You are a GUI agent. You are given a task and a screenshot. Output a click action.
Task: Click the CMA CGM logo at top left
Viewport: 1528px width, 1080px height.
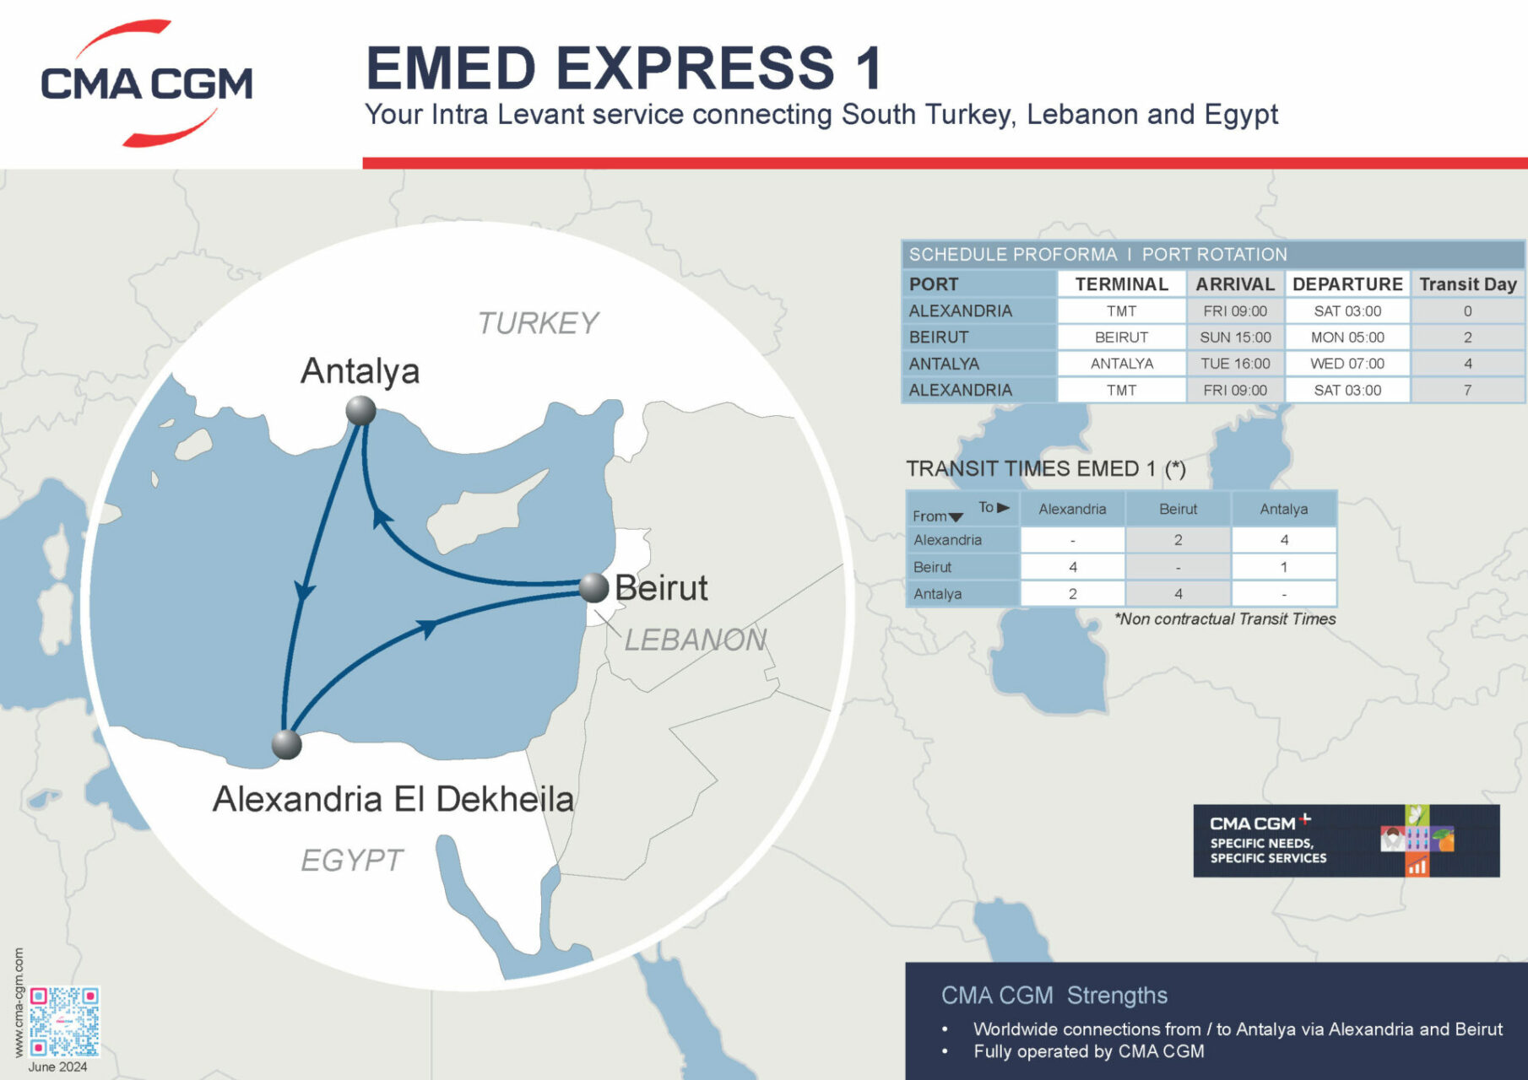point(146,83)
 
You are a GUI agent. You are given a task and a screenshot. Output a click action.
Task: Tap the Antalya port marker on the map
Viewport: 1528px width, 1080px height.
point(360,411)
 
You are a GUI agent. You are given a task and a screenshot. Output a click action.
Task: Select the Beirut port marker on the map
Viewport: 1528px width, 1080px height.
point(594,587)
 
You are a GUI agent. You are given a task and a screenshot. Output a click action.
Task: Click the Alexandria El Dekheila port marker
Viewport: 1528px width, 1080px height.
point(287,745)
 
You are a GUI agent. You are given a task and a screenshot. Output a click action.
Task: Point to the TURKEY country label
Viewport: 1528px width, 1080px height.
point(538,323)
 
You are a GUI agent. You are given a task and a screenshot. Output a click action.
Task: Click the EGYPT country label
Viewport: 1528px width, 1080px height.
point(351,860)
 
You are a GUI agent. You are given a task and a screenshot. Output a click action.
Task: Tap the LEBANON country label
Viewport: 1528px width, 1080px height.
point(695,640)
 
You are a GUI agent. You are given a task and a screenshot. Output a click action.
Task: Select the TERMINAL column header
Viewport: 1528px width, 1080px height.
point(1121,284)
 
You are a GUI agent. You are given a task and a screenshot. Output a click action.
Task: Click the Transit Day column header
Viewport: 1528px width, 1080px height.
point(1467,284)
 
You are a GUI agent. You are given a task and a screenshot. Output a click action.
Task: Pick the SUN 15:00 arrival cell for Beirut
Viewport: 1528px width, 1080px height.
point(1235,337)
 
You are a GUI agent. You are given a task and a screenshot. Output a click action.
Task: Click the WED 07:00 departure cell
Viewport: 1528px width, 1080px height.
point(1347,364)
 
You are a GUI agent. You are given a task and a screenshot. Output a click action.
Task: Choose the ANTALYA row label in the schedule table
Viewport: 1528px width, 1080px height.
point(944,364)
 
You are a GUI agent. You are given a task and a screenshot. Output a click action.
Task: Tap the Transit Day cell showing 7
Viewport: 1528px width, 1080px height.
point(1467,390)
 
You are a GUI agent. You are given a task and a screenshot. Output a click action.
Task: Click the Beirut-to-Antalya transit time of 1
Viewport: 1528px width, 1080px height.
point(1283,567)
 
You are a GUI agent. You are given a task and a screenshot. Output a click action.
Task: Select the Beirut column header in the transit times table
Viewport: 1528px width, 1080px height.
point(1178,509)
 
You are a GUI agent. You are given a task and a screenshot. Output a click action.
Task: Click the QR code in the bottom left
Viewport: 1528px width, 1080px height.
point(64,1022)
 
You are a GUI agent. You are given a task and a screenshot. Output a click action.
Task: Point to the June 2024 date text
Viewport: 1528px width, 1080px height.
point(57,1067)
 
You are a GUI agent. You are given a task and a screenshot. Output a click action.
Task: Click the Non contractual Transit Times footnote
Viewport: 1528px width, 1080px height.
point(1225,619)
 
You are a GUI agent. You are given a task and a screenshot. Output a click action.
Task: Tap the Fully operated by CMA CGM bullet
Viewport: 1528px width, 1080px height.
point(1088,1051)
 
